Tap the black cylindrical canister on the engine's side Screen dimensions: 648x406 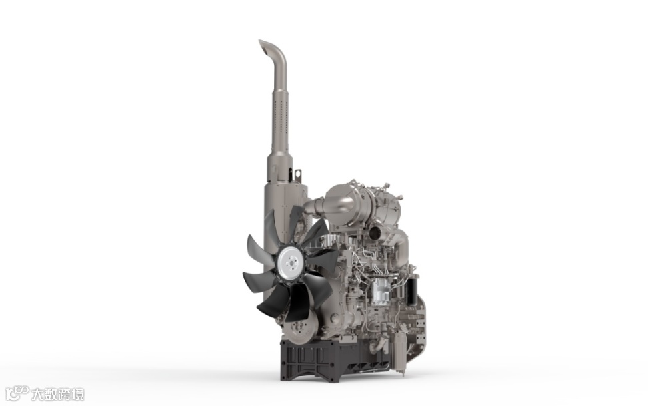coord(413,291)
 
